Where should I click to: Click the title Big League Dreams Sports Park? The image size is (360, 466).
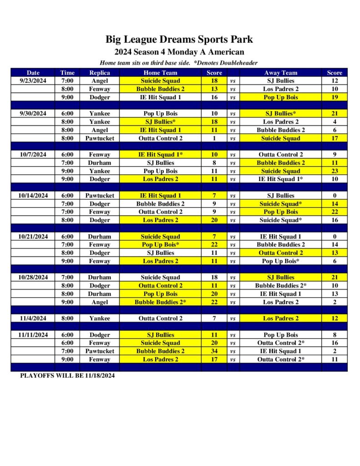point(179,39)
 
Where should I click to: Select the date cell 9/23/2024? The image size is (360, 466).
point(33,81)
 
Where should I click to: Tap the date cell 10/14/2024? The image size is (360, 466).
point(33,195)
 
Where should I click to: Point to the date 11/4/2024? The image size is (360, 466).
point(33,318)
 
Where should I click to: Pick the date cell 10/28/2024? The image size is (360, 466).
point(33,277)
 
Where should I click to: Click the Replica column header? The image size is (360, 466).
point(99,72)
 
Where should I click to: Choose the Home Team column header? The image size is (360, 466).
point(160,72)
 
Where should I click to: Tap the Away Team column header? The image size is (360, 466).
point(280,72)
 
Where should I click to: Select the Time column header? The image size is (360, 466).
point(67,72)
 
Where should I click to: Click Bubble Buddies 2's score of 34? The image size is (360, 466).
point(214,351)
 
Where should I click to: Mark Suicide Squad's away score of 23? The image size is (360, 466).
point(335,171)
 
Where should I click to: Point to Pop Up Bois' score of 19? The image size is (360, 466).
point(335,97)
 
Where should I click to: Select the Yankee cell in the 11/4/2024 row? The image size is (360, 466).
point(99,318)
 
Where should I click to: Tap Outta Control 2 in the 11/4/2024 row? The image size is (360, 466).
point(160,318)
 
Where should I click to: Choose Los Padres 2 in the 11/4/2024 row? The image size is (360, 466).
point(280,318)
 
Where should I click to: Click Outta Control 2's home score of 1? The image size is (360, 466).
point(214,138)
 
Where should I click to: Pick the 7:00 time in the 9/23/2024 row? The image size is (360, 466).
point(67,81)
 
